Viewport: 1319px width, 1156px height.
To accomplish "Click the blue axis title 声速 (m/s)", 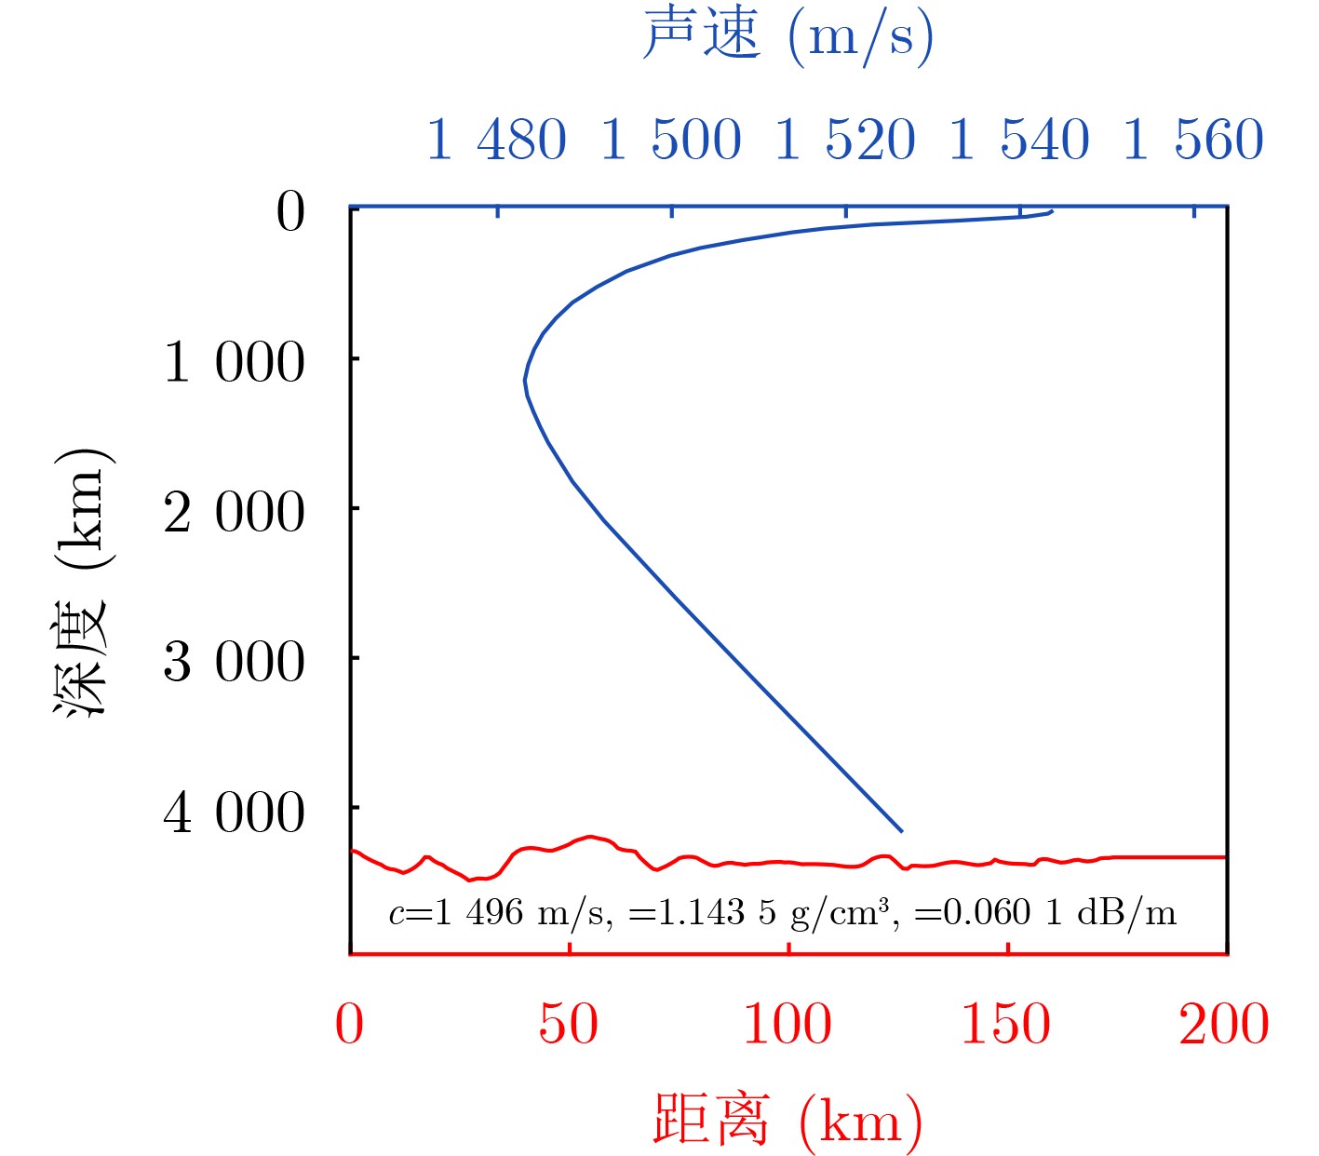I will (x=787, y=37).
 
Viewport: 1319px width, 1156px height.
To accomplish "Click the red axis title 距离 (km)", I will (x=787, y=1119).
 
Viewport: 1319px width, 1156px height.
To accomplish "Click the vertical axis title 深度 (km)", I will (x=82, y=582).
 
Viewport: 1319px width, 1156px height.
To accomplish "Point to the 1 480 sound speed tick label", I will (x=496, y=141).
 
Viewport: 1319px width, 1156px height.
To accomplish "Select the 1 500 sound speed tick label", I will (x=670, y=141).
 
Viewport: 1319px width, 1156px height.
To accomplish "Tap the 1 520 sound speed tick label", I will (x=845, y=141).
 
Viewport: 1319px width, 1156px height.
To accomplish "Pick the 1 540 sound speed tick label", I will (x=1019, y=141).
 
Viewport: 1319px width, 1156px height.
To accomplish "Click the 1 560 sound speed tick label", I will (x=1193, y=141).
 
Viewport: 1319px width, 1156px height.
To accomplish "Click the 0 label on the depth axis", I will (x=290, y=212).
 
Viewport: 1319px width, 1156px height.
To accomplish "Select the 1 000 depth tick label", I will (x=234, y=362).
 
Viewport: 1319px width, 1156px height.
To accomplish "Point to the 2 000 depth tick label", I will (x=234, y=512).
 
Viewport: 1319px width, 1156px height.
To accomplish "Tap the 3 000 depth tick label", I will (x=234, y=662).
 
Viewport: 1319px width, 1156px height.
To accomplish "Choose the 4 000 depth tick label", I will (x=234, y=812).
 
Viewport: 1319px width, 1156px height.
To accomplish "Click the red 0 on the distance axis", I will (x=349, y=1025).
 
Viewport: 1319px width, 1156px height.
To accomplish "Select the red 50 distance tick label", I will (x=568, y=1025).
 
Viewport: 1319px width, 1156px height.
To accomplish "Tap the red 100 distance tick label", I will (x=787, y=1025).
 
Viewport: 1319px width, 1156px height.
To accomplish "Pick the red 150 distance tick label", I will (x=1006, y=1025).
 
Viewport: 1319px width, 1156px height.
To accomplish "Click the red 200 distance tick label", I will (x=1224, y=1025).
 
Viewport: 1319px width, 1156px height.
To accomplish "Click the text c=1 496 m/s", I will (x=501, y=912).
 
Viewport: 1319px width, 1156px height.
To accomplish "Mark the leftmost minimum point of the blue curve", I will (x=525, y=381).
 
